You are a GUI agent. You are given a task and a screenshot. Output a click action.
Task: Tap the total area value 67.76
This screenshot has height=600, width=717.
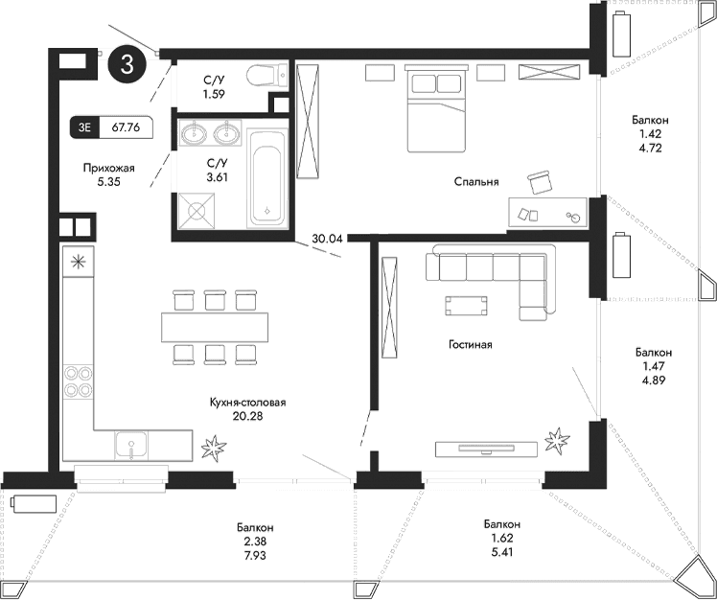127,125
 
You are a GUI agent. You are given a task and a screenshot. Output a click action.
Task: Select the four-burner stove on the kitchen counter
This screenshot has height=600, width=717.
77,381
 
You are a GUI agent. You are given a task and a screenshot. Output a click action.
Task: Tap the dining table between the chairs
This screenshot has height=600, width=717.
214,327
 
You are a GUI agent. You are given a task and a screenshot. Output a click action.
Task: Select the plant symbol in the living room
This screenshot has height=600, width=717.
556,441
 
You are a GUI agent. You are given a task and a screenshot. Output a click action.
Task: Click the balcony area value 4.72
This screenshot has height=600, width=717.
650,149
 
